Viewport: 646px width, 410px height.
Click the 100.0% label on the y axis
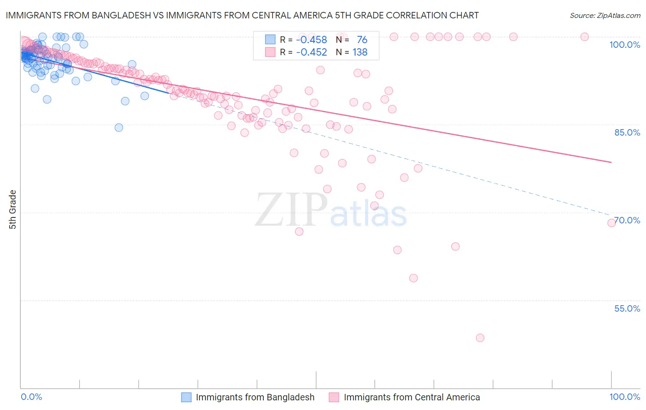[x=624, y=45]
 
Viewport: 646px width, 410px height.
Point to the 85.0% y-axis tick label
[x=627, y=132]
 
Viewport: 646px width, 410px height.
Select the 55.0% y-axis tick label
[x=627, y=308]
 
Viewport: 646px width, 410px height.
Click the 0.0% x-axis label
[x=31, y=397]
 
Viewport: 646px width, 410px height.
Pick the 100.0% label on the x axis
[x=624, y=397]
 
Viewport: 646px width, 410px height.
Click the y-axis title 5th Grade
[x=13, y=209]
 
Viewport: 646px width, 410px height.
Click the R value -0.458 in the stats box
[x=311, y=40]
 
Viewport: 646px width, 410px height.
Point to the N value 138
[x=360, y=52]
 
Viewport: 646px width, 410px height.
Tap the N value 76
[x=362, y=40]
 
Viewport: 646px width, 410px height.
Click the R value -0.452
[x=311, y=52]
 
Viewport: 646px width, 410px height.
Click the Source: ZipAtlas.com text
[x=605, y=15]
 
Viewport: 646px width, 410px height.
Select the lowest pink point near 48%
[x=480, y=338]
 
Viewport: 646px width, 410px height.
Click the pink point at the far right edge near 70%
[x=612, y=223]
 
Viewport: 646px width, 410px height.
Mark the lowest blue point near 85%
[x=119, y=127]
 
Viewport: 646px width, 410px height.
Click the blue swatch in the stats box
[x=270, y=40]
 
